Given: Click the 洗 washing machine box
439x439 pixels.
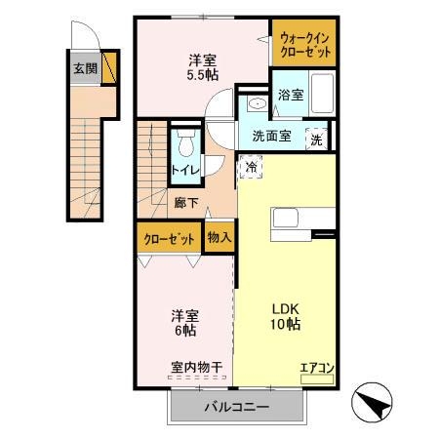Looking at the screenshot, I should click(x=317, y=139).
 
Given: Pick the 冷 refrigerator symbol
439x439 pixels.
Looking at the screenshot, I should click(x=251, y=167).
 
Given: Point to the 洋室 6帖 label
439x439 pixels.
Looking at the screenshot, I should click(x=185, y=322).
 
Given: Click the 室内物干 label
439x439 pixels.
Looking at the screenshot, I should click(x=196, y=368).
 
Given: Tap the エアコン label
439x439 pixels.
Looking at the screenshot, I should click(x=317, y=369).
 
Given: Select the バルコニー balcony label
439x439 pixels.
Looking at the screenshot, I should click(x=236, y=407).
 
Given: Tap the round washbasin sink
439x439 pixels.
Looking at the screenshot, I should click(x=256, y=103).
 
